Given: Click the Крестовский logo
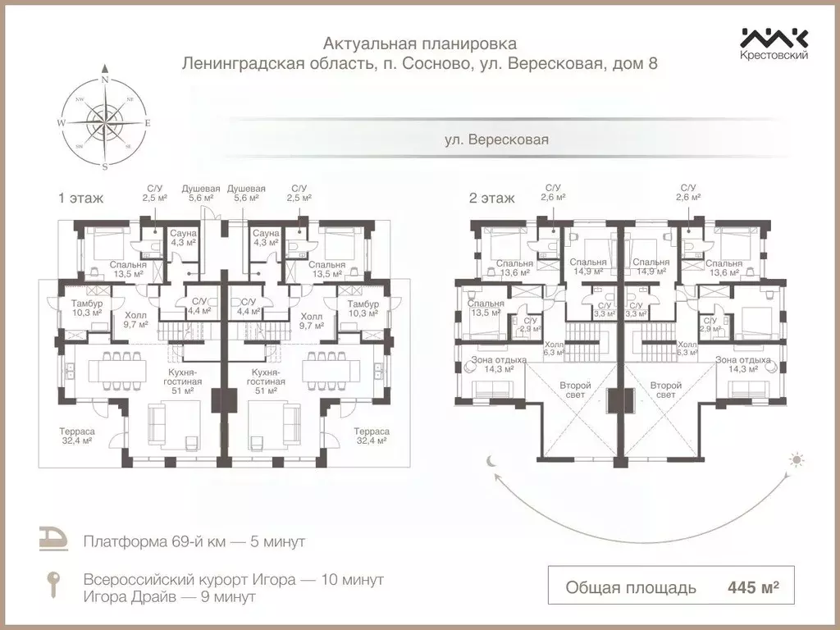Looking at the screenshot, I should (x=774, y=43).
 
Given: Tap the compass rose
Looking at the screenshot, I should (x=105, y=123).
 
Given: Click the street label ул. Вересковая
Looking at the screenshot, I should (x=496, y=139).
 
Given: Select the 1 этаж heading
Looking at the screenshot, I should (x=75, y=198).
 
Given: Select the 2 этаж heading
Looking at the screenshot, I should (x=491, y=198).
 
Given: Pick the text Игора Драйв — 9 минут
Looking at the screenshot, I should (x=169, y=597).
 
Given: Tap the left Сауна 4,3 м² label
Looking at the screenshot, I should (x=182, y=238).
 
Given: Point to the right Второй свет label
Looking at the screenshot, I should (x=665, y=390).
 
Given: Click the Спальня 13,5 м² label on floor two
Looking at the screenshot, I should (x=485, y=308).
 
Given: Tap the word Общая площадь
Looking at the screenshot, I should (x=631, y=587).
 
